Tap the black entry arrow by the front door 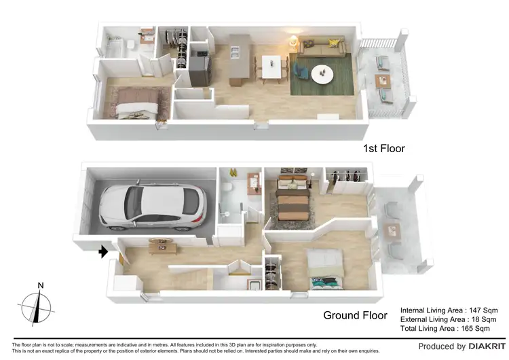pos(103,252)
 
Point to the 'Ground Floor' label pos(355,315)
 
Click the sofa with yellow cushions pos(322,48)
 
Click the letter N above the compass pos(41,285)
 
